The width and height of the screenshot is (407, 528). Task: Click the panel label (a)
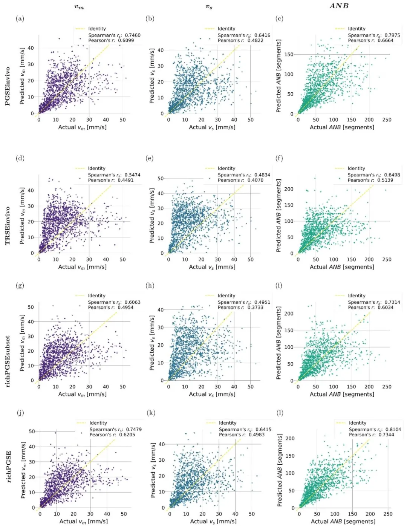pos(20,19)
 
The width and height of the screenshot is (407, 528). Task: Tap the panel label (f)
pos(279,158)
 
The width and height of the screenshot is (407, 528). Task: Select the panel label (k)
pos(150,413)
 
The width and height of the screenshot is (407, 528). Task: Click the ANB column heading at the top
pos(339,6)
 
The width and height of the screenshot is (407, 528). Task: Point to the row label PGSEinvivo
pos(8,86)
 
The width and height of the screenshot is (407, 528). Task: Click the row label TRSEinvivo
pos(8,226)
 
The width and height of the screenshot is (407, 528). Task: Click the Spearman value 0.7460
pos(132,35)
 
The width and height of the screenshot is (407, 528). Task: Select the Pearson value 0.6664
pos(392,41)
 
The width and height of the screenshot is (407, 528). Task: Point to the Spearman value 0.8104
pos(393,429)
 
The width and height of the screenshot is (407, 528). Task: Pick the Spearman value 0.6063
pos(132,302)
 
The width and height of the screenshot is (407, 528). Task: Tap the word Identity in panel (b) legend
pos(226,29)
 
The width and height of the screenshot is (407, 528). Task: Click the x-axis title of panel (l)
pos(343,522)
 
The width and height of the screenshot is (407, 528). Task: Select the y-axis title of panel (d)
pos(22,216)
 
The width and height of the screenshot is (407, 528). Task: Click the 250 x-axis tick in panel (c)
pos(387,120)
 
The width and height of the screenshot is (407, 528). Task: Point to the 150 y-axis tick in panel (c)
pos(289,54)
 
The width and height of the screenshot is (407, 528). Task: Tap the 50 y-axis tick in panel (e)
pos(161,178)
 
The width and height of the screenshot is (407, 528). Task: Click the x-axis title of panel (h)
pos(212,394)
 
